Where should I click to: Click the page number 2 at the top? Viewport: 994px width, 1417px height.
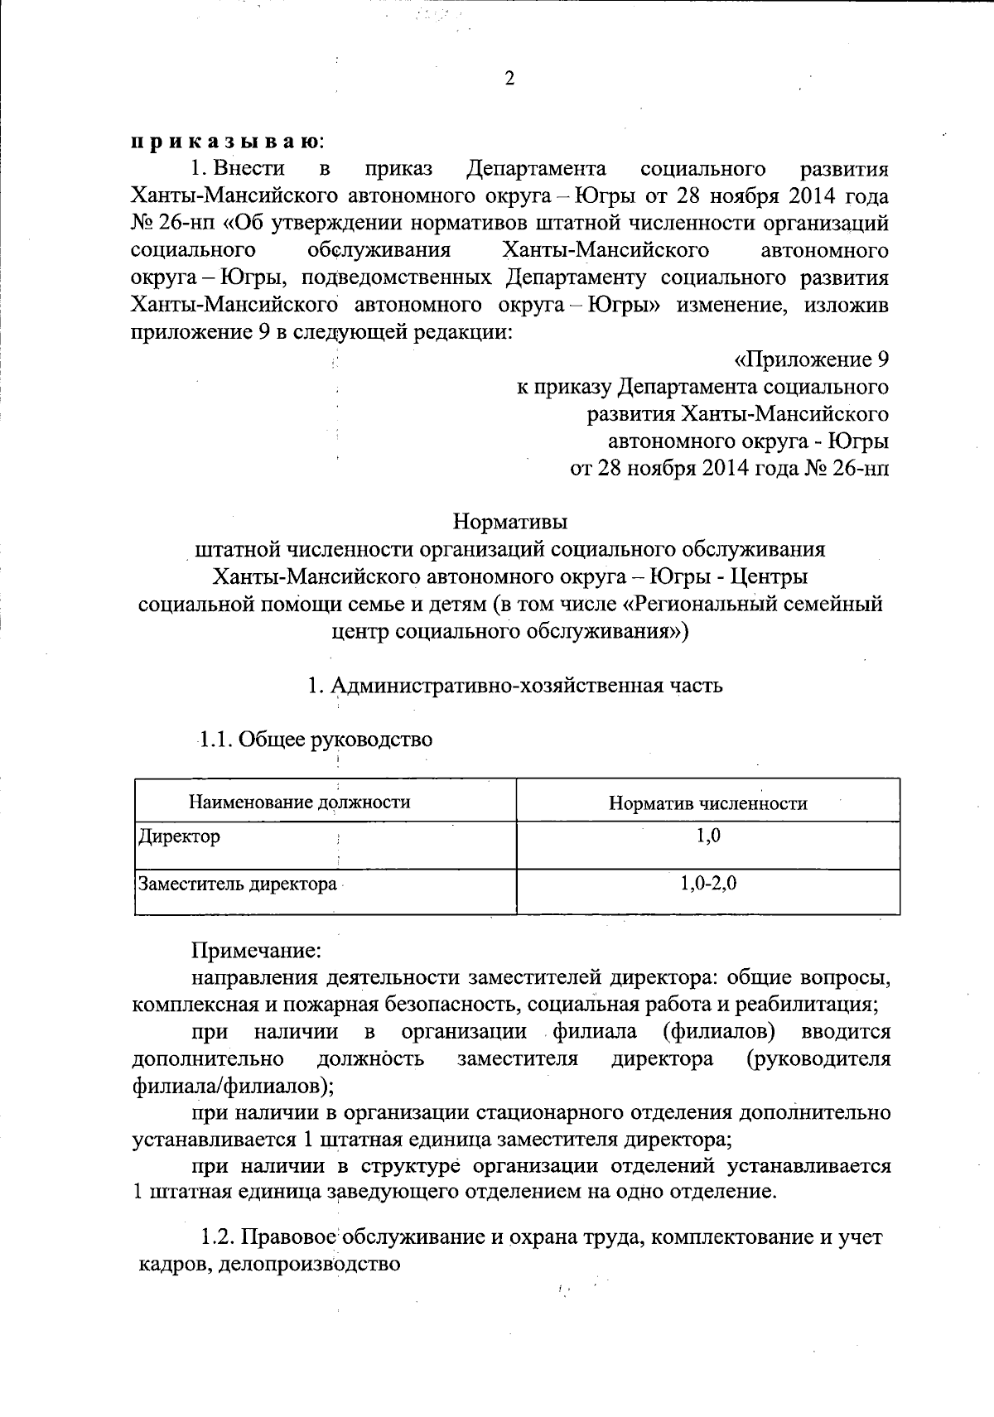point(509,79)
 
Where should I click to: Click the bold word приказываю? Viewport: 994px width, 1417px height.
point(225,142)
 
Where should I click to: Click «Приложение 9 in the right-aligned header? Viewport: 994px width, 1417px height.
point(812,359)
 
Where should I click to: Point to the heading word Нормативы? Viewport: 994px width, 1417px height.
point(510,523)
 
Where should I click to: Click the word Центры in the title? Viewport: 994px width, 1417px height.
point(773,576)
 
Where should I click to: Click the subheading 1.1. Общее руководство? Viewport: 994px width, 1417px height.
point(316,739)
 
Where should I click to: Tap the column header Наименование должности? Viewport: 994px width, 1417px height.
point(300,802)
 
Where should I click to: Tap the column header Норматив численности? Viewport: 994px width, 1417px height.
point(708,802)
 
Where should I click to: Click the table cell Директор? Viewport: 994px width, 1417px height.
point(180,836)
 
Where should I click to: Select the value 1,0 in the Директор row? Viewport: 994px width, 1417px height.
point(708,836)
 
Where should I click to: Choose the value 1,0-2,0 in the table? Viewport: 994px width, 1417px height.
point(709,884)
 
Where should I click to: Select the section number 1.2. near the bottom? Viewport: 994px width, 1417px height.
point(220,1238)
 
